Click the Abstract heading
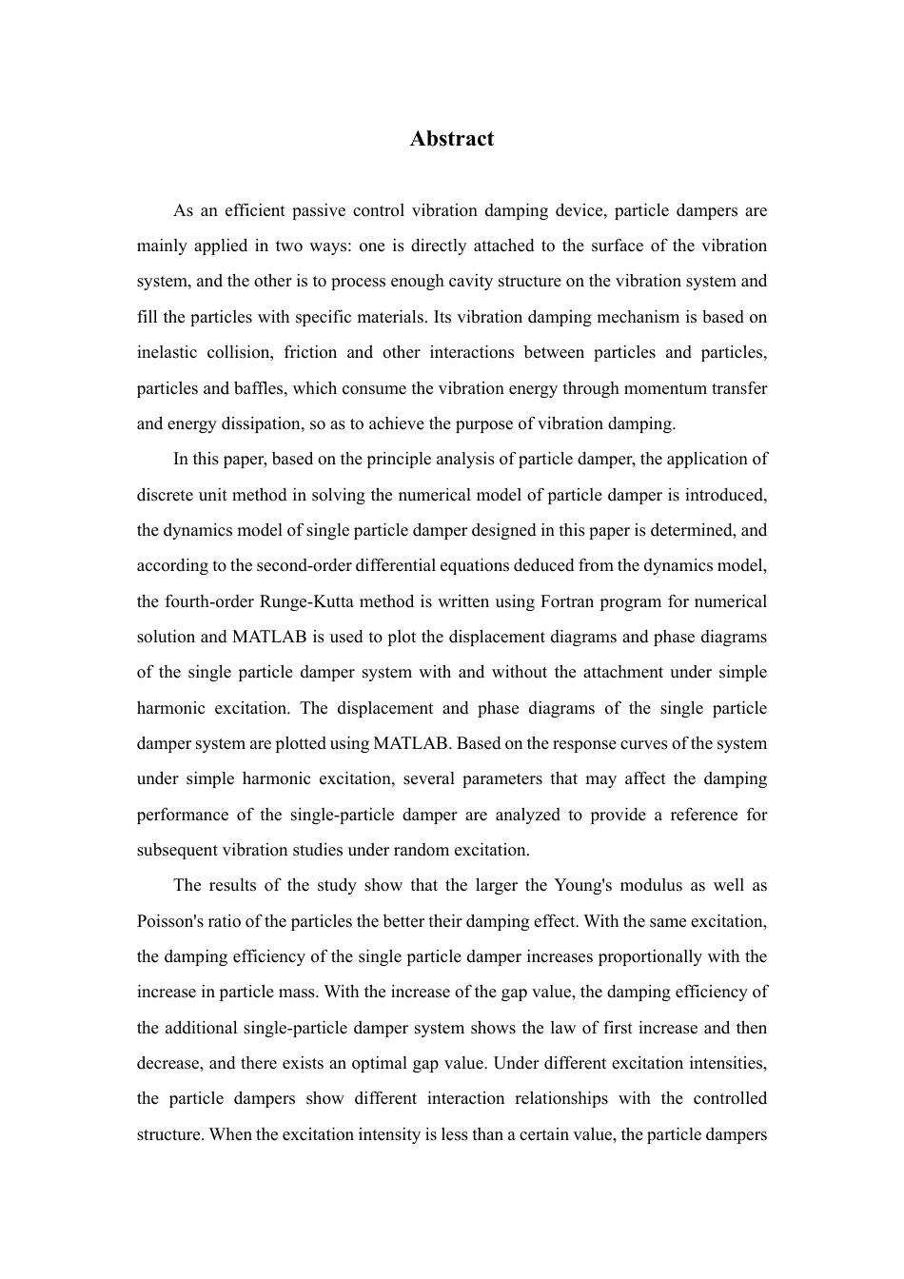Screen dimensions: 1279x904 tap(452, 139)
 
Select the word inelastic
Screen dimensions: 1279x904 tap(167, 352)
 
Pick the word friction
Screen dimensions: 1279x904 tap(310, 352)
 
